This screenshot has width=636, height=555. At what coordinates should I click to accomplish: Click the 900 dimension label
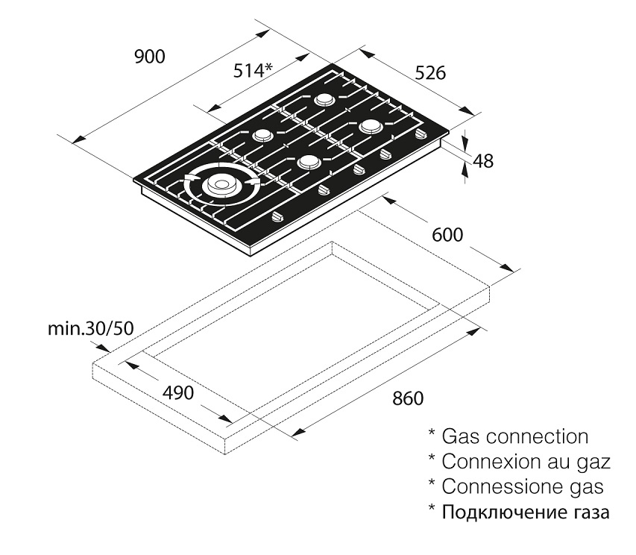point(150,57)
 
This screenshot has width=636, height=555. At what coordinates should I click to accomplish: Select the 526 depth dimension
point(430,73)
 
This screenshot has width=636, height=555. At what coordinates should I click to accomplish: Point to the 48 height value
point(483,161)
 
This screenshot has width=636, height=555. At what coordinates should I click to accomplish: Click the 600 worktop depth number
point(447,235)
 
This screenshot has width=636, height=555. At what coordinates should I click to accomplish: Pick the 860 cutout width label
point(408,398)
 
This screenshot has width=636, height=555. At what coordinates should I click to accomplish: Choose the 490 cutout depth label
point(178,392)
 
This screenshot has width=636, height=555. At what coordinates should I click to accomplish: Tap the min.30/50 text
point(90,329)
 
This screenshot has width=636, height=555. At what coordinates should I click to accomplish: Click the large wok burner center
point(221,184)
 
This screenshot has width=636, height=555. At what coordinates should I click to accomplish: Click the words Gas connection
point(514,436)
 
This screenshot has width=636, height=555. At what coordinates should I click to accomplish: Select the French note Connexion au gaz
point(526,461)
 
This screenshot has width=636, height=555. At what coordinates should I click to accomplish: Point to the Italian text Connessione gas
point(523,486)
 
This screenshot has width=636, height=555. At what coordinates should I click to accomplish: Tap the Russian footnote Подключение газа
point(525,512)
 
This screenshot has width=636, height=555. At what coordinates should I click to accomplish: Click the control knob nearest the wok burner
point(279,218)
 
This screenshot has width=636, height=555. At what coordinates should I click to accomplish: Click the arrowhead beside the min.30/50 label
point(103,348)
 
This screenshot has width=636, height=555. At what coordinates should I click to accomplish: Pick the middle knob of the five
point(358,169)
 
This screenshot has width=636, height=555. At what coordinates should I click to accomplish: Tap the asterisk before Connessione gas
point(432,482)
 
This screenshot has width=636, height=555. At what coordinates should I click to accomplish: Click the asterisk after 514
point(268,67)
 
